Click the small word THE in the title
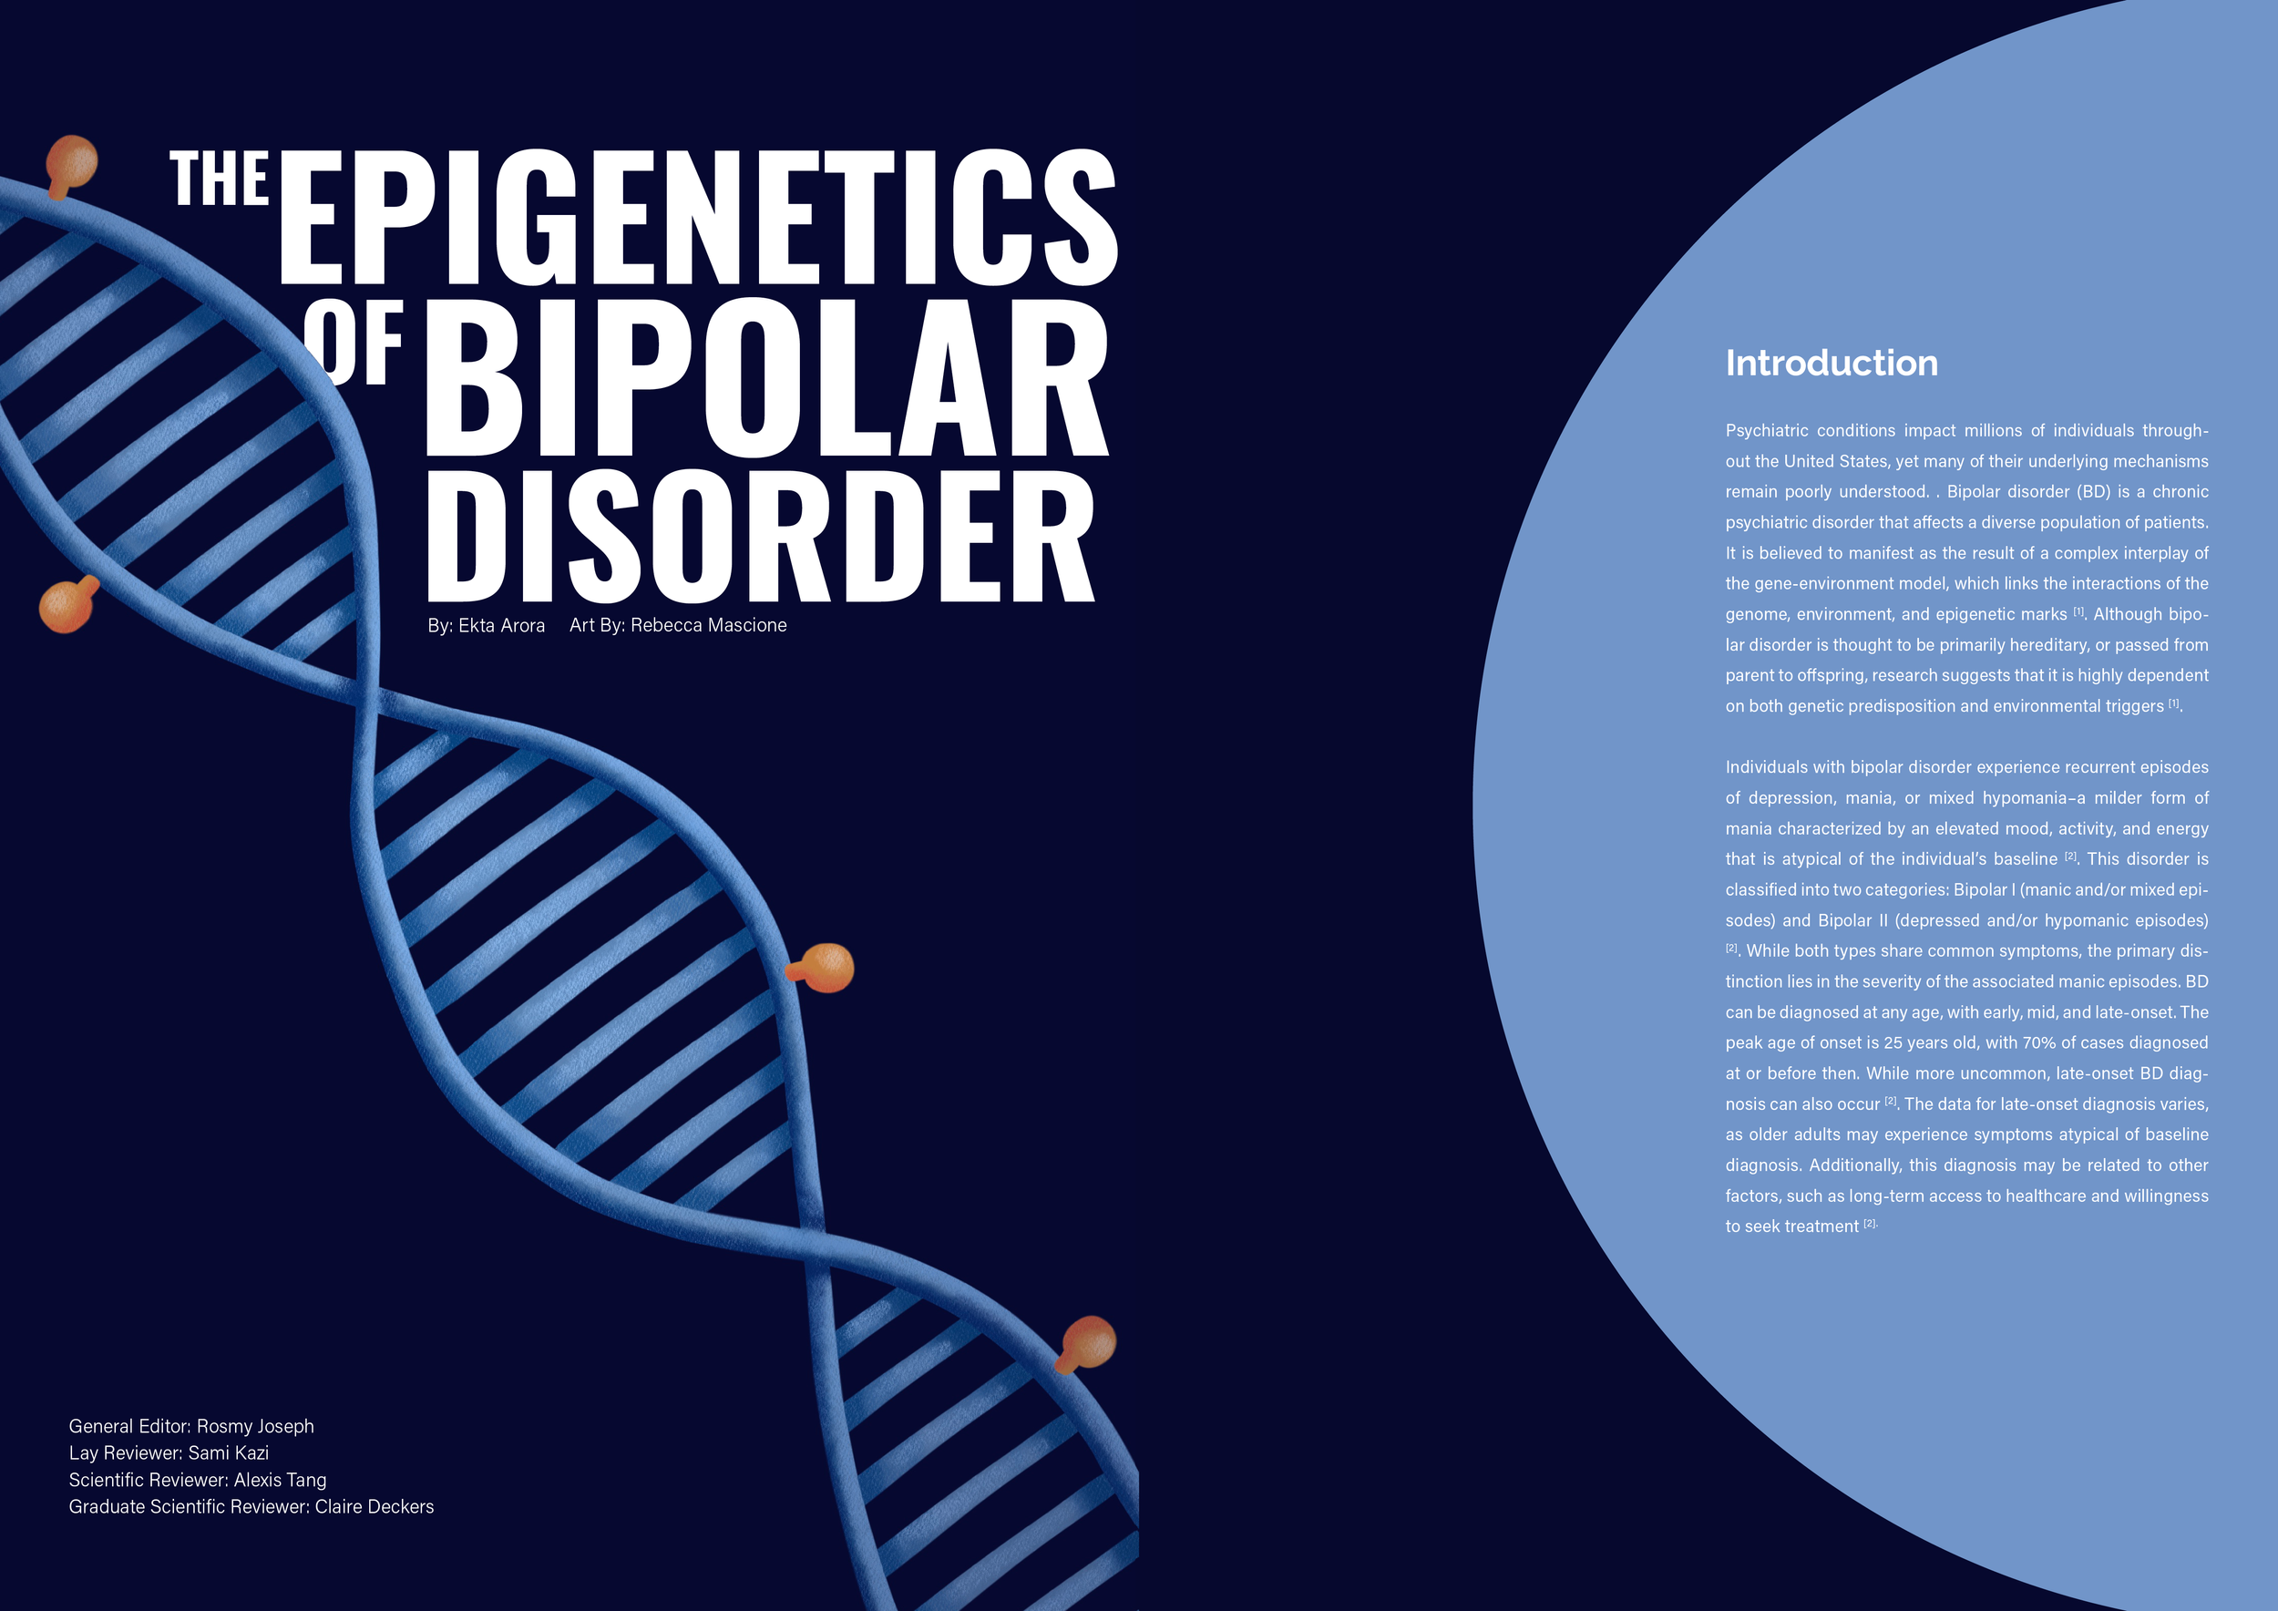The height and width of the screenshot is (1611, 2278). tap(220, 180)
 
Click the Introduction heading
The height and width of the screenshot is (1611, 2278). tap(1831, 363)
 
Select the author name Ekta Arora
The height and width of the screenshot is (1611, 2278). tap(501, 626)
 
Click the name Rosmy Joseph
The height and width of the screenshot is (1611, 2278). tap(255, 1427)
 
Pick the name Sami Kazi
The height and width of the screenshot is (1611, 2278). tap(228, 1453)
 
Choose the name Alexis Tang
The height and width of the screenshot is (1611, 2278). tap(280, 1480)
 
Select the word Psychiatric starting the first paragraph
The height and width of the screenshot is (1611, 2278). tap(1760, 430)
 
